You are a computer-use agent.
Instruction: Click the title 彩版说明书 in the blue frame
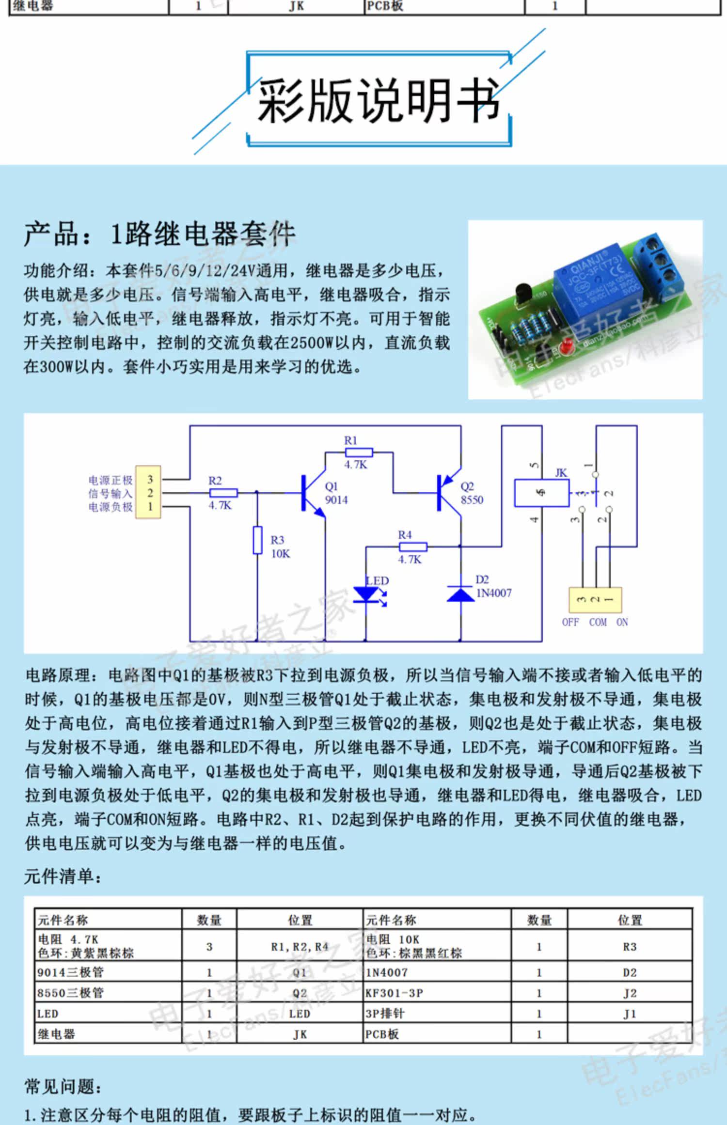tap(378, 100)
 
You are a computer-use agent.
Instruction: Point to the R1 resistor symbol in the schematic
tap(359, 453)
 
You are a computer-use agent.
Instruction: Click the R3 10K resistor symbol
tap(257, 540)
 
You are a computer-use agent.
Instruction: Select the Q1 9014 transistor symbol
tap(310, 493)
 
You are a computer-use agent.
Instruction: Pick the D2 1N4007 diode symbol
tap(460, 594)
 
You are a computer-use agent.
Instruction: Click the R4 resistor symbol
tap(413, 547)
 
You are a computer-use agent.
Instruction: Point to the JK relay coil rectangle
tap(541, 493)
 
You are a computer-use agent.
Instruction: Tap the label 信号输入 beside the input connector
tap(111, 493)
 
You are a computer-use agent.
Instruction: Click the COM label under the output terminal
tap(598, 622)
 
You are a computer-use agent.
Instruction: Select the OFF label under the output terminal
tap(570, 622)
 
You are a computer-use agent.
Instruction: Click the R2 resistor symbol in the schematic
tap(223, 493)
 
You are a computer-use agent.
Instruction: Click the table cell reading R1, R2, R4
tap(300, 946)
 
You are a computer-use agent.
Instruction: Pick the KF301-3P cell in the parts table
tap(394, 993)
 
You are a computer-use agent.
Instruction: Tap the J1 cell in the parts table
tap(630, 1014)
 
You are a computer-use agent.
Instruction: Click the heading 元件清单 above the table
tap(63, 876)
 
